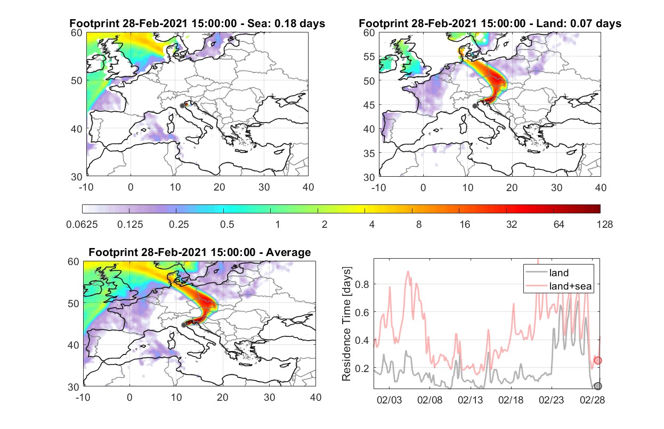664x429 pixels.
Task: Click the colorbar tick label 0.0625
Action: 82,225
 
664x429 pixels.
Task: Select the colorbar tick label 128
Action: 604,225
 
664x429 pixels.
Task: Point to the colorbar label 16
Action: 465,225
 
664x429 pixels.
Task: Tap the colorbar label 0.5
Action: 227,225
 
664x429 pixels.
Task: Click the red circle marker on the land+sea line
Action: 598,360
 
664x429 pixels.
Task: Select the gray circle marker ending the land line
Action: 598,386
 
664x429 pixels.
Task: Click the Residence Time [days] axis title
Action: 346,324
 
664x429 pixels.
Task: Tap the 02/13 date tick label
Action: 470,400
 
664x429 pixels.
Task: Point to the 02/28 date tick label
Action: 592,400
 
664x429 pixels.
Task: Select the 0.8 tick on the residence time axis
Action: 362,284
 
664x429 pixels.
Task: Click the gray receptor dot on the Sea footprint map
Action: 182,106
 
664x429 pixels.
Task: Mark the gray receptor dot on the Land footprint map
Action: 475,106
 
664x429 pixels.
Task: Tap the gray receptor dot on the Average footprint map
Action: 184,325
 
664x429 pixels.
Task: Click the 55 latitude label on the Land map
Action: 369,56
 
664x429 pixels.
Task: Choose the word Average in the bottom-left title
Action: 288,252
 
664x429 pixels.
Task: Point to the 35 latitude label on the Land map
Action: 369,153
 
